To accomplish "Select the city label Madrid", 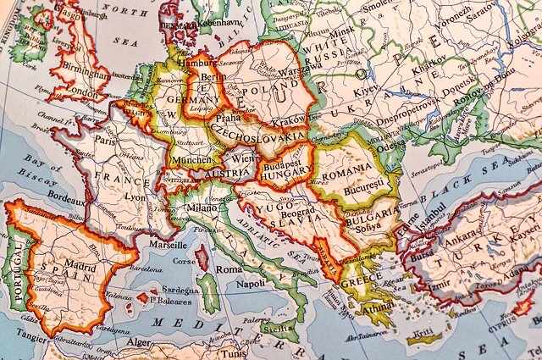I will (75, 263).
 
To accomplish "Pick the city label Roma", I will (229, 269).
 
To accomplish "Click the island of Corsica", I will (202, 258).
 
